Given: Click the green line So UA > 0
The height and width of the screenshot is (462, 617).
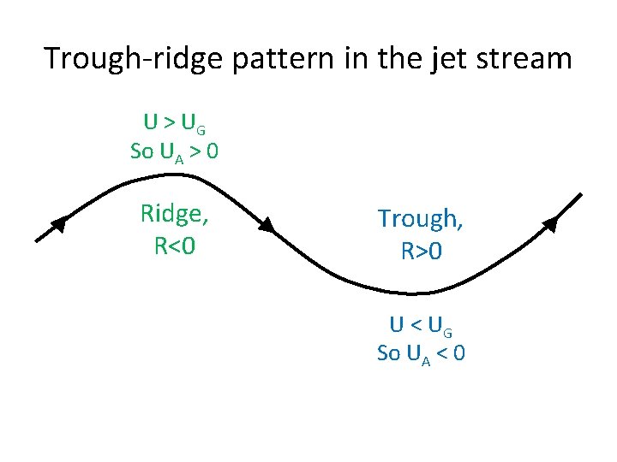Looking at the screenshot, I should click(174, 152).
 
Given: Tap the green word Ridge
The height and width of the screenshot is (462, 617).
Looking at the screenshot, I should click(174, 214).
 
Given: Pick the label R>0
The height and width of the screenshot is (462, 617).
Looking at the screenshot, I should click(421, 252).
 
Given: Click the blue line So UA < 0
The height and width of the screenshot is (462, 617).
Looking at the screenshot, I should click(421, 352).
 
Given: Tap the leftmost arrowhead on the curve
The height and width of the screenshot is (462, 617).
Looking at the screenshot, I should click(59, 224).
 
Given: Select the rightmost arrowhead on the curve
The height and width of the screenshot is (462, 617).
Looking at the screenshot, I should click(550, 224).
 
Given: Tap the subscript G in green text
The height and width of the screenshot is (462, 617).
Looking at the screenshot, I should click(201, 130).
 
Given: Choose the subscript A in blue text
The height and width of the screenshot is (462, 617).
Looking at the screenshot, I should click(426, 358).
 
